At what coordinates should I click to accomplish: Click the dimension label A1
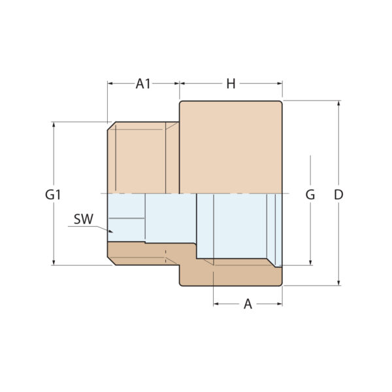click(143, 84)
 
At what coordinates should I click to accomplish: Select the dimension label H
click(231, 84)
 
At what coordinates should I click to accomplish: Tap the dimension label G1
click(53, 195)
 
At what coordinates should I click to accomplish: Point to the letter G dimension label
click(310, 195)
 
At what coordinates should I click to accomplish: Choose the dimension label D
click(338, 195)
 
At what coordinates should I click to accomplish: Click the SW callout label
click(83, 220)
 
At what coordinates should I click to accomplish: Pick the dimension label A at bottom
click(248, 304)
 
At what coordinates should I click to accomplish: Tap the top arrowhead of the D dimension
click(338, 103)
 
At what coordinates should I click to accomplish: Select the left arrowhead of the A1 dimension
click(110, 84)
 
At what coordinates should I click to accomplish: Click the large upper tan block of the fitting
click(231, 147)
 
